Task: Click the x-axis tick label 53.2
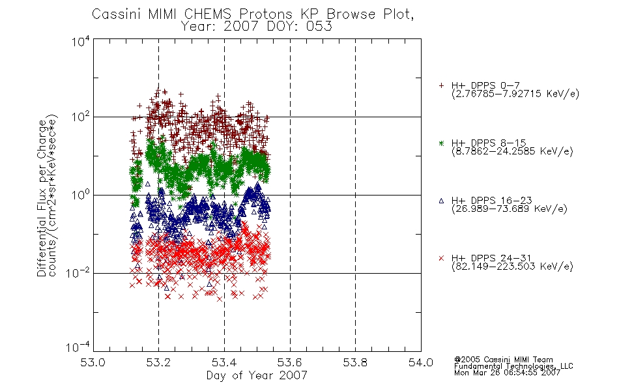(158, 362)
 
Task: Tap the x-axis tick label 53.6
(290, 362)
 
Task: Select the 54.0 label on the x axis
(421, 362)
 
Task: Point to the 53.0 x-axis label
(93, 362)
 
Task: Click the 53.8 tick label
(355, 362)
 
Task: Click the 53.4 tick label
(224, 362)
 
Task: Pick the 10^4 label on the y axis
(81, 41)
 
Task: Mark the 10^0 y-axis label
(81, 194)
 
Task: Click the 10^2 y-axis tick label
(81, 117)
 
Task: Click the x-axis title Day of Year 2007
(257, 375)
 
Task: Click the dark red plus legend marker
(441, 85)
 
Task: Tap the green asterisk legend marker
(441, 143)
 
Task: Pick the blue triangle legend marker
(441, 201)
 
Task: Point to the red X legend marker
(441, 258)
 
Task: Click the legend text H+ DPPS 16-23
(491, 200)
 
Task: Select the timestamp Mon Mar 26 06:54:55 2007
(507, 373)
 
